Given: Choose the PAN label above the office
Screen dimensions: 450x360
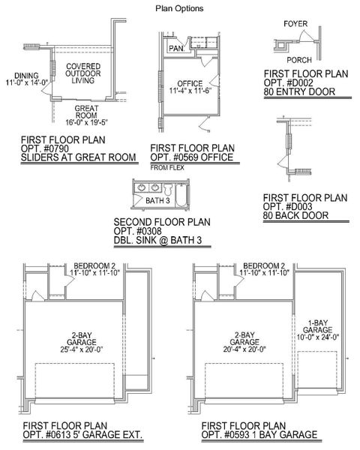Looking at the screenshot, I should coord(176,48).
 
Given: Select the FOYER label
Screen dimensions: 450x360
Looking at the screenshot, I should coord(295,23).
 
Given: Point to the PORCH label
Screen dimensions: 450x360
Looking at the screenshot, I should coord(299,61).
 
